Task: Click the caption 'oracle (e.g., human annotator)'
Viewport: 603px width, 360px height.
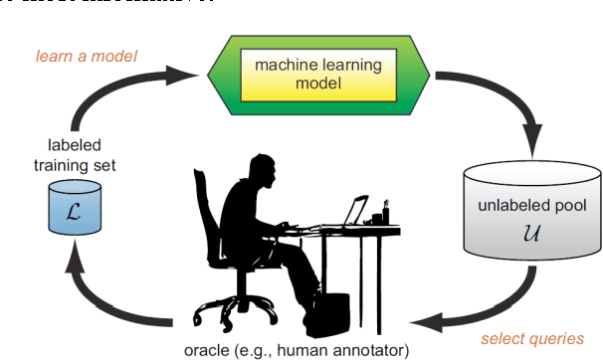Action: click(296, 349)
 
